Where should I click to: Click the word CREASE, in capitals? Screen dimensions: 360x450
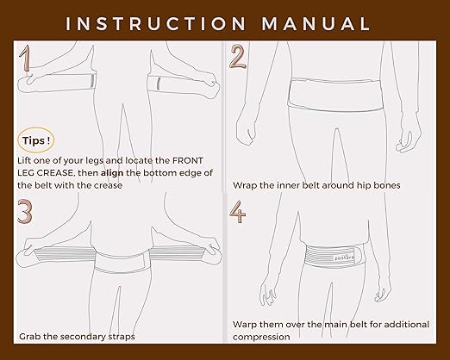[74, 172]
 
